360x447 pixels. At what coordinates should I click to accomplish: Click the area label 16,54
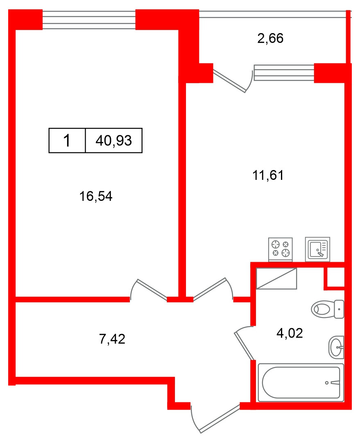pyautogui.click(x=96, y=197)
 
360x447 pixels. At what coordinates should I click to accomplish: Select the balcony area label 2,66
pyautogui.click(x=270, y=39)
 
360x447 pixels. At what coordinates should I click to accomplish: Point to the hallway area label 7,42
pyautogui.click(x=112, y=339)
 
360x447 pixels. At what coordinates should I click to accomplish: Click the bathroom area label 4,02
pyautogui.click(x=289, y=334)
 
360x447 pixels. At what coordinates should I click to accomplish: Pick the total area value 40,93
pyautogui.click(x=113, y=141)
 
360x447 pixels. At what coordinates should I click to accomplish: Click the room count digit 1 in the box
pyautogui.click(x=67, y=141)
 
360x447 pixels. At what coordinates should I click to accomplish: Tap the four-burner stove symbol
pyautogui.click(x=281, y=249)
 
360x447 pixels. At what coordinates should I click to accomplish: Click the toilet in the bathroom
pyautogui.click(x=327, y=309)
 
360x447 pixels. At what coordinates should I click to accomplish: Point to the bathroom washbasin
pyautogui.click(x=336, y=347)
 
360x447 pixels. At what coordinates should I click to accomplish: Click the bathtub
pyautogui.click(x=301, y=382)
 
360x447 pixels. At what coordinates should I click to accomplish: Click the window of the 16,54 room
pyautogui.click(x=89, y=20)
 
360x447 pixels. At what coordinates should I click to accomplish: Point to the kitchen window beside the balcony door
pyautogui.click(x=284, y=73)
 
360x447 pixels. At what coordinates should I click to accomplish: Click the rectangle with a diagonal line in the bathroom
pyautogui.click(x=276, y=279)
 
